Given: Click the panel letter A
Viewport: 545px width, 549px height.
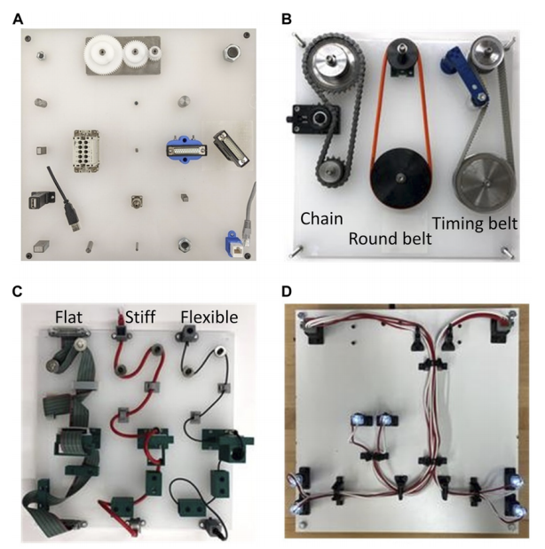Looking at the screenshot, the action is [18, 20].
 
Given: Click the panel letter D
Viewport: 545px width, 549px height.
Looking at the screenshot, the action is [287, 291].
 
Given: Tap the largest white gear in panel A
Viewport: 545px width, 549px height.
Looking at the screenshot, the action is [102, 53].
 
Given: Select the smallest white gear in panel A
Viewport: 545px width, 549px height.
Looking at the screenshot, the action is [154, 53].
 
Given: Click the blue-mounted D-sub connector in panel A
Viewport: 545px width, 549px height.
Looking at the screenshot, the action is [186, 151].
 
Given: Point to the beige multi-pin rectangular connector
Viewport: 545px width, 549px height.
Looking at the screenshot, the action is [86, 151].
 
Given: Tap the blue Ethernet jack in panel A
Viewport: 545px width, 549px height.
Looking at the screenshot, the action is [235, 244].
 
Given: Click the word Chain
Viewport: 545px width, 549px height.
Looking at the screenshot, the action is [321, 218].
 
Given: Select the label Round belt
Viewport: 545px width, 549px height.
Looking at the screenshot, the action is [390, 239].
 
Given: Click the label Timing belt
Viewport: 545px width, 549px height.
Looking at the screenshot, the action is [475, 223].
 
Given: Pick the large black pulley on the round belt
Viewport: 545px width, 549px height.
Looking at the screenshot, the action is [400, 178].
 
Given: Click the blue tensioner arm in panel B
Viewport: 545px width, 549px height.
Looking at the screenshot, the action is [463, 75].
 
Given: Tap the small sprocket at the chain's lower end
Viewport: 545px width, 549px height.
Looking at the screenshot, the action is [331, 170].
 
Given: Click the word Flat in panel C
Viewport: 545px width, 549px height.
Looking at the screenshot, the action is [68, 317].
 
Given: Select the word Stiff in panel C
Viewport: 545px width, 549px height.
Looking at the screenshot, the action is [140, 317].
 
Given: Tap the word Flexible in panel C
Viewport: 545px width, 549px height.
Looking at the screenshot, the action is [209, 317].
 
